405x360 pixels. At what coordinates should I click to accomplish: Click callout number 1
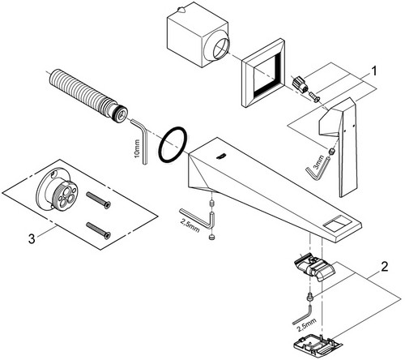[x=373, y=71]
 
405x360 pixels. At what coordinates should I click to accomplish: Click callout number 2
[x=385, y=267]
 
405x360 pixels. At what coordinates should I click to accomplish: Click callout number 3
[x=32, y=239]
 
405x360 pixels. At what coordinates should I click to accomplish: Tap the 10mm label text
[x=137, y=149]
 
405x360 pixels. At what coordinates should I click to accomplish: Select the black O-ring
[x=173, y=145]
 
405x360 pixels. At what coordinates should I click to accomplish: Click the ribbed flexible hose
[x=87, y=95]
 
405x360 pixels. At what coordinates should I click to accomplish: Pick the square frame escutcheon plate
[x=263, y=72]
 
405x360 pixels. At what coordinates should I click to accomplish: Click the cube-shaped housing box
[x=198, y=34]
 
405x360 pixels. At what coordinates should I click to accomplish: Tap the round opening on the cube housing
[x=221, y=49]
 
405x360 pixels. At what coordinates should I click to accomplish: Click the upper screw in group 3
[x=98, y=200]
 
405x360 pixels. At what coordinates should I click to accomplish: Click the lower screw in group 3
[x=98, y=230]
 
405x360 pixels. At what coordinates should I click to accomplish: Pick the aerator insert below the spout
[x=313, y=267]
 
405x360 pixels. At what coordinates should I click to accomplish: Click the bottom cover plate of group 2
[x=318, y=345]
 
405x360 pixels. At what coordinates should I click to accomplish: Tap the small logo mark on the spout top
[x=221, y=156]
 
